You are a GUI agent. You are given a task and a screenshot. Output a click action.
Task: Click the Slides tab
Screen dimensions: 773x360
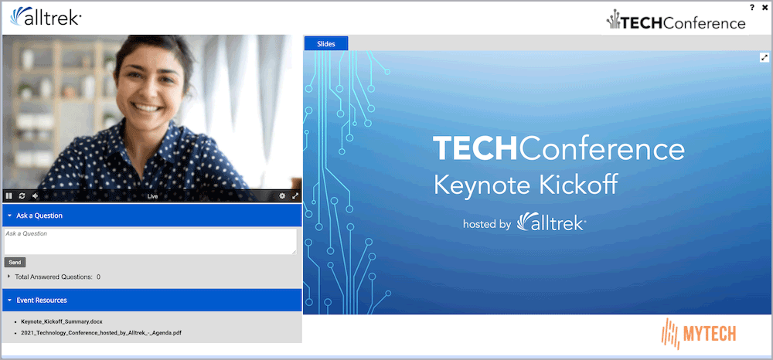coord(326,44)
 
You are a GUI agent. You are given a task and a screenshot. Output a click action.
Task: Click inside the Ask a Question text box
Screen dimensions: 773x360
coord(151,241)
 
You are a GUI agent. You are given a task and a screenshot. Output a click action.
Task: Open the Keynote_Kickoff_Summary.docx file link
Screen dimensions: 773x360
coord(62,321)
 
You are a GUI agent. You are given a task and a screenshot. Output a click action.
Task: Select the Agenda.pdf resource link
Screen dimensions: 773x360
coord(101,333)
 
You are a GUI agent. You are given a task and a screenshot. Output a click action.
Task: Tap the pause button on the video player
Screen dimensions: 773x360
coord(9,196)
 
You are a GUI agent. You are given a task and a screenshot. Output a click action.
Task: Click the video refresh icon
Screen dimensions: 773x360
coord(22,196)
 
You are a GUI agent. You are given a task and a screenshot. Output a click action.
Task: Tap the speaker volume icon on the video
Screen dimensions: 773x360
coord(35,196)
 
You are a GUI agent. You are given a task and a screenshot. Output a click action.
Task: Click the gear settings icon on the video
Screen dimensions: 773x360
coord(282,196)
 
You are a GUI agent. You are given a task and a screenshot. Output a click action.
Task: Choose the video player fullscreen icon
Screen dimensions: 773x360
coord(295,196)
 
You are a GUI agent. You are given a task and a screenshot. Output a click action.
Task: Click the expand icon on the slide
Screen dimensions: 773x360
coord(764,58)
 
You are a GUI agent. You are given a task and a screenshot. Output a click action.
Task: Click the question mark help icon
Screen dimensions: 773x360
coord(752,8)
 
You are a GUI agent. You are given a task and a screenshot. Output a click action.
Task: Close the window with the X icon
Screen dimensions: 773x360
coord(764,8)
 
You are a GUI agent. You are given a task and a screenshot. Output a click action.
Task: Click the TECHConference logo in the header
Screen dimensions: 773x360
coord(676,21)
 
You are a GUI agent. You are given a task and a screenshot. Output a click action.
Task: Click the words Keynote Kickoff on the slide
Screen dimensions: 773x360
coord(526,185)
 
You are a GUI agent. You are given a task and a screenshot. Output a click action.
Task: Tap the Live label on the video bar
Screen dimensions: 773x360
coord(152,196)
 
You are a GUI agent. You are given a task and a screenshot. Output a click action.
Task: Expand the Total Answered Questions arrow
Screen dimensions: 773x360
coord(9,277)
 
